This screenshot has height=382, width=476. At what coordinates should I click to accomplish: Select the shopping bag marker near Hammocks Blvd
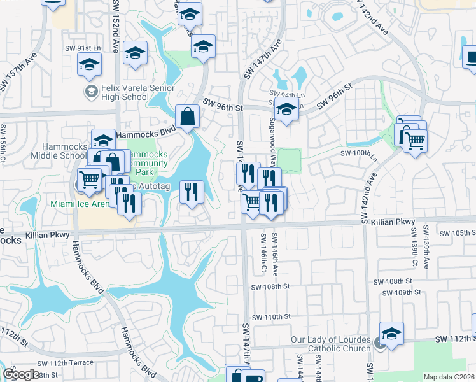(188, 118)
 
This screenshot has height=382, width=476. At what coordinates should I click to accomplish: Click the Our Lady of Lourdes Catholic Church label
(330, 344)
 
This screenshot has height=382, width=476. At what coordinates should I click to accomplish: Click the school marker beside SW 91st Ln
(90, 65)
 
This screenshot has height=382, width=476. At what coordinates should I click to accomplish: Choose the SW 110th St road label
(271, 316)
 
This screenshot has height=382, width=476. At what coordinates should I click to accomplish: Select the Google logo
(21, 374)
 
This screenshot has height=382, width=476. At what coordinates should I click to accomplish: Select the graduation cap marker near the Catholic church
(391, 335)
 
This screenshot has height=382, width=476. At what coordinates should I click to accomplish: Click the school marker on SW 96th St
(287, 110)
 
